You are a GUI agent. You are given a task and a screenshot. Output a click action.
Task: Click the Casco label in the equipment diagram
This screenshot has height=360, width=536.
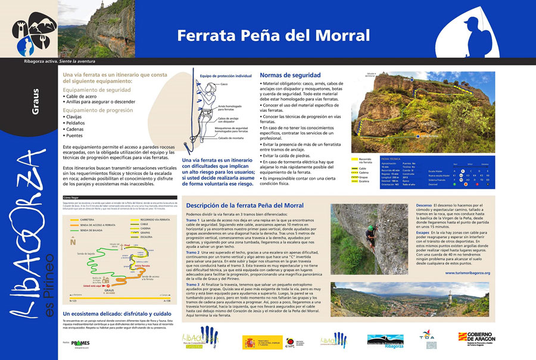pyautogui.click(x=224, y=84)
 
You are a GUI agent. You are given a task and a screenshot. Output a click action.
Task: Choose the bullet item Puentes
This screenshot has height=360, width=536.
pyautogui.click(x=77, y=136)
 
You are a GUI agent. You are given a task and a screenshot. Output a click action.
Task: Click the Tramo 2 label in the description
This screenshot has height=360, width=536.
pyautogui.click(x=193, y=252)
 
